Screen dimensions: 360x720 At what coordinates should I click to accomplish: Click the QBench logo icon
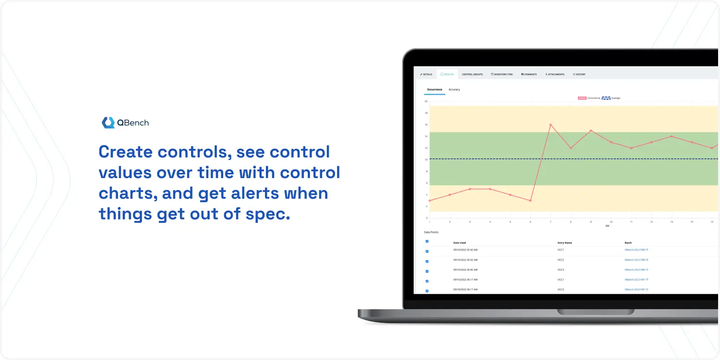[x=108, y=123]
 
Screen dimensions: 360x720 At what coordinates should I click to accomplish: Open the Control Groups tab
[x=472, y=74]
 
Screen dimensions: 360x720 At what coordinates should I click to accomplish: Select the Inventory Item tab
[x=502, y=74]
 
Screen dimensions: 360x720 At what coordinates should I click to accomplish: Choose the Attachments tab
[x=555, y=74]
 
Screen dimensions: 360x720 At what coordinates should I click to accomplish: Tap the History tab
[x=579, y=74]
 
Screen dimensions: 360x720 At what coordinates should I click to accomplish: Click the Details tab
[x=426, y=74]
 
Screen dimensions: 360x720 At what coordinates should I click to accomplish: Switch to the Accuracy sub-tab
[x=454, y=90]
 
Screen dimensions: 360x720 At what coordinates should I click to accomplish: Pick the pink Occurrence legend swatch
[x=582, y=98]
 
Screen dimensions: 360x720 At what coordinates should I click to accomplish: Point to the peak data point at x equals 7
[x=551, y=125]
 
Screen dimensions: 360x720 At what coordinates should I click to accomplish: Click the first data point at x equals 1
[x=430, y=201]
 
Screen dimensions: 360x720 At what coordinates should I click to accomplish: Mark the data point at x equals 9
[x=591, y=131]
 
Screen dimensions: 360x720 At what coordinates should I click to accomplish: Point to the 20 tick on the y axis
[x=426, y=101]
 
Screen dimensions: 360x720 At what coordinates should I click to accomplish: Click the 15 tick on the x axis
[x=712, y=222]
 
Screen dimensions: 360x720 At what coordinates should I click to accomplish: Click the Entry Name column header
[x=564, y=243]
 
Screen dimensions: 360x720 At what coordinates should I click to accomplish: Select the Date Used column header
[x=459, y=243]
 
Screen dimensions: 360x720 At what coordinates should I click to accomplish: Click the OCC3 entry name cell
[x=561, y=270]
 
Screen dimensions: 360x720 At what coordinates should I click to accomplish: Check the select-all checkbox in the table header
[x=427, y=241]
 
